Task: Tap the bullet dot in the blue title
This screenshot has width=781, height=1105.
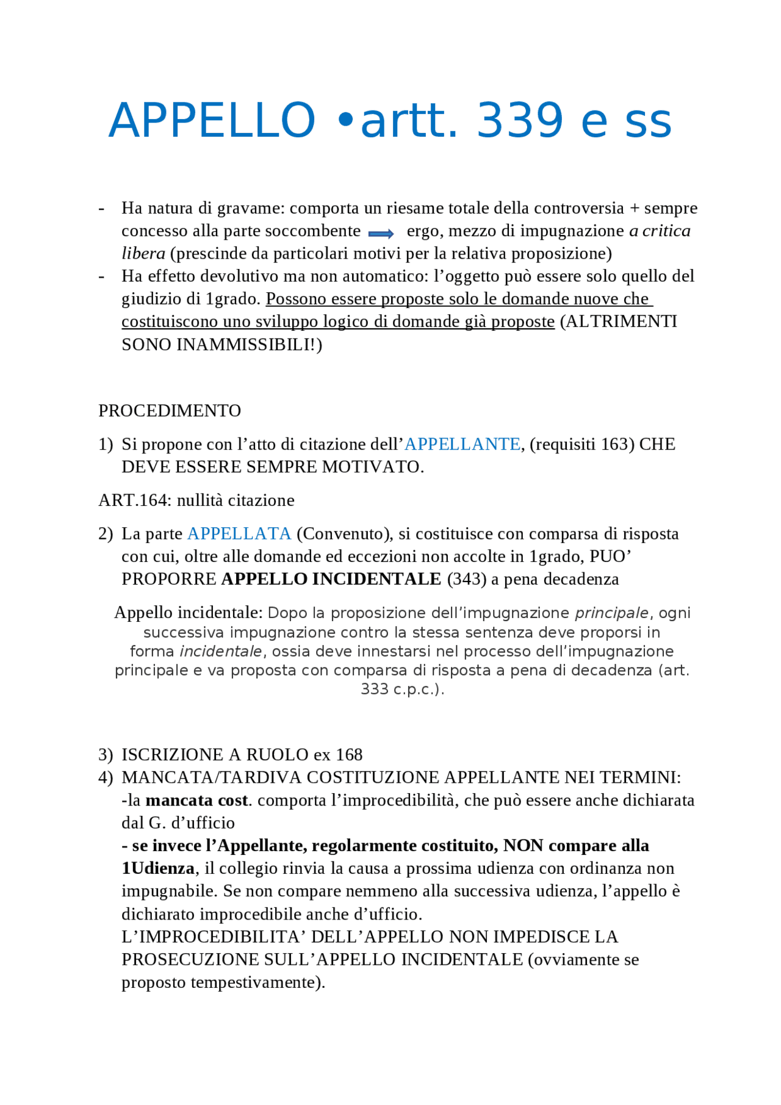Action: click(345, 121)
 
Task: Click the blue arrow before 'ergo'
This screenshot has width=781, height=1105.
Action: click(381, 234)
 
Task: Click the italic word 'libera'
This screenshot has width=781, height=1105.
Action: click(143, 254)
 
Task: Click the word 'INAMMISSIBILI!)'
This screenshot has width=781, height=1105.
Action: click(249, 345)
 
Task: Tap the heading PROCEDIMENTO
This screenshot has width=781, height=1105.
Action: click(170, 411)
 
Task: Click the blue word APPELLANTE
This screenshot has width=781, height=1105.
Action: click(462, 444)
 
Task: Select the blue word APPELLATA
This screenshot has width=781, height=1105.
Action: click(239, 534)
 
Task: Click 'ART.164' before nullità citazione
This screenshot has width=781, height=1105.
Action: click(134, 500)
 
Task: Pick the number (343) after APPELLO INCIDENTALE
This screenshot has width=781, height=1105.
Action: click(467, 579)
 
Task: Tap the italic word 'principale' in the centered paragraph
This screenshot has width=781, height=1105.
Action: click(611, 613)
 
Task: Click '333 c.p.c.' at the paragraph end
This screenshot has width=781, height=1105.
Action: click(401, 689)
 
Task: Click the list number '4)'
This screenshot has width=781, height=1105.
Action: click(105, 778)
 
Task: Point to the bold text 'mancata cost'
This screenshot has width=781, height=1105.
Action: click(196, 801)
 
